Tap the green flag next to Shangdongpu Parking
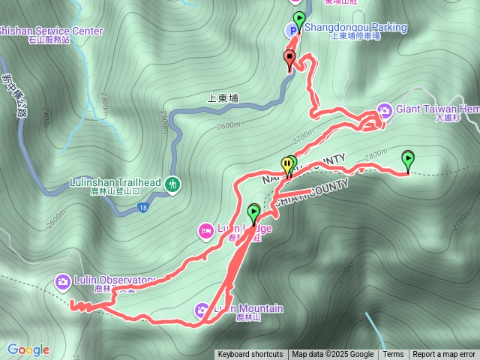pyautogui.click(x=299, y=19)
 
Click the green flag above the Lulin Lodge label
pyautogui.click(x=253, y=213)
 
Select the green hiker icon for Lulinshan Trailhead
pyautogui.click(x=174, y=184)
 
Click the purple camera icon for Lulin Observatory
pyautogui.click(x=62, y=281)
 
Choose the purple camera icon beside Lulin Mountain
pyautogui.click(x=202, y=309)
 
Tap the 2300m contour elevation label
pyautogui.click(x=103, y=100)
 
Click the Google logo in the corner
pyautogui.click(x=28, y=349)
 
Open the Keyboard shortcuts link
pyautogui.click(x=250, y=355)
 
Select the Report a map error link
pyautogui.click(x=444, y=355)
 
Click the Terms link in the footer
pyautogui.click(x=393, y=355)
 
